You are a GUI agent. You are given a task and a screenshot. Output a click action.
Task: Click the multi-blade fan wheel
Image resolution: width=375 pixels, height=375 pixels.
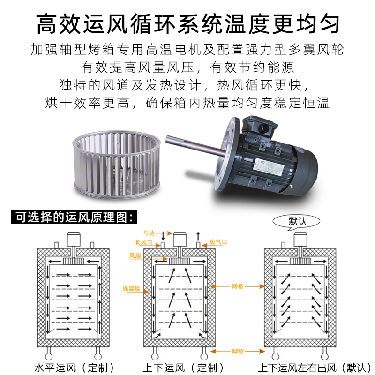click(x=116, y=165)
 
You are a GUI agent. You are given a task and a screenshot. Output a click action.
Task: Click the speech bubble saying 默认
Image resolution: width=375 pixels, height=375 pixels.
click(x=296, y=221)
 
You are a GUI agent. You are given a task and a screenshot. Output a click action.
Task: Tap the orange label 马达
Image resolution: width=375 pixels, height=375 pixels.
click(x=149, y=233)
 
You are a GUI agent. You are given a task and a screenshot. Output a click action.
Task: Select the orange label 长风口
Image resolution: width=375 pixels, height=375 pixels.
click(x=143, y=242)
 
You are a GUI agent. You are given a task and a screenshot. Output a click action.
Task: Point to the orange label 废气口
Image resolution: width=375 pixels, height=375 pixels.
click(x=218, y=242)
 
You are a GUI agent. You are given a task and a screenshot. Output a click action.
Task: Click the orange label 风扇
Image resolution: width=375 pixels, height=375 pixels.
click(x=135, y=255)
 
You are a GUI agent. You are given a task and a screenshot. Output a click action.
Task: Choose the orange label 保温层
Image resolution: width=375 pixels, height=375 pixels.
click(x=131, y=289)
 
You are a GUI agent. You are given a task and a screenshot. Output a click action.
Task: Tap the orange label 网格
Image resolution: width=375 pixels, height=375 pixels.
click(x=237, y=286)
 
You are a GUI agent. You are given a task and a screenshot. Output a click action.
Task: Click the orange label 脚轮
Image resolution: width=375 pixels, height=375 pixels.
click(x=238, y=351)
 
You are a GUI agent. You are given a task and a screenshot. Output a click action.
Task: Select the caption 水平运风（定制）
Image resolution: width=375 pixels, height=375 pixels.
click(x=74, y=368)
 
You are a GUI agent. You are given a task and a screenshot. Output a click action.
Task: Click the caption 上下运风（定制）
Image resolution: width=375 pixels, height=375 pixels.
click(x=183, y=368)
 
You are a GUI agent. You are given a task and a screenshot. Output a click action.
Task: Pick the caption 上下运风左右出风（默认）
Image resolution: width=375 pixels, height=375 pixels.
click(x=315, y=368)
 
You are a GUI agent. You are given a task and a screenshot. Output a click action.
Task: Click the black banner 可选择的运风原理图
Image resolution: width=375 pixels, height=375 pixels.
click(x=74, y=217)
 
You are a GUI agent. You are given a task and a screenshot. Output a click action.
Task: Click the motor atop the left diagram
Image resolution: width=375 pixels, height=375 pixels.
click(x=74, y=239)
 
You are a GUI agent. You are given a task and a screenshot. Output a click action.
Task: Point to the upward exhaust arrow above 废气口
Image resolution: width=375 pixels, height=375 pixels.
click(x=198, y=236)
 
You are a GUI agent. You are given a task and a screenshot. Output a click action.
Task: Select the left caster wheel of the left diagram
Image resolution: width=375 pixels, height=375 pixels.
click(x=49, y=353)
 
